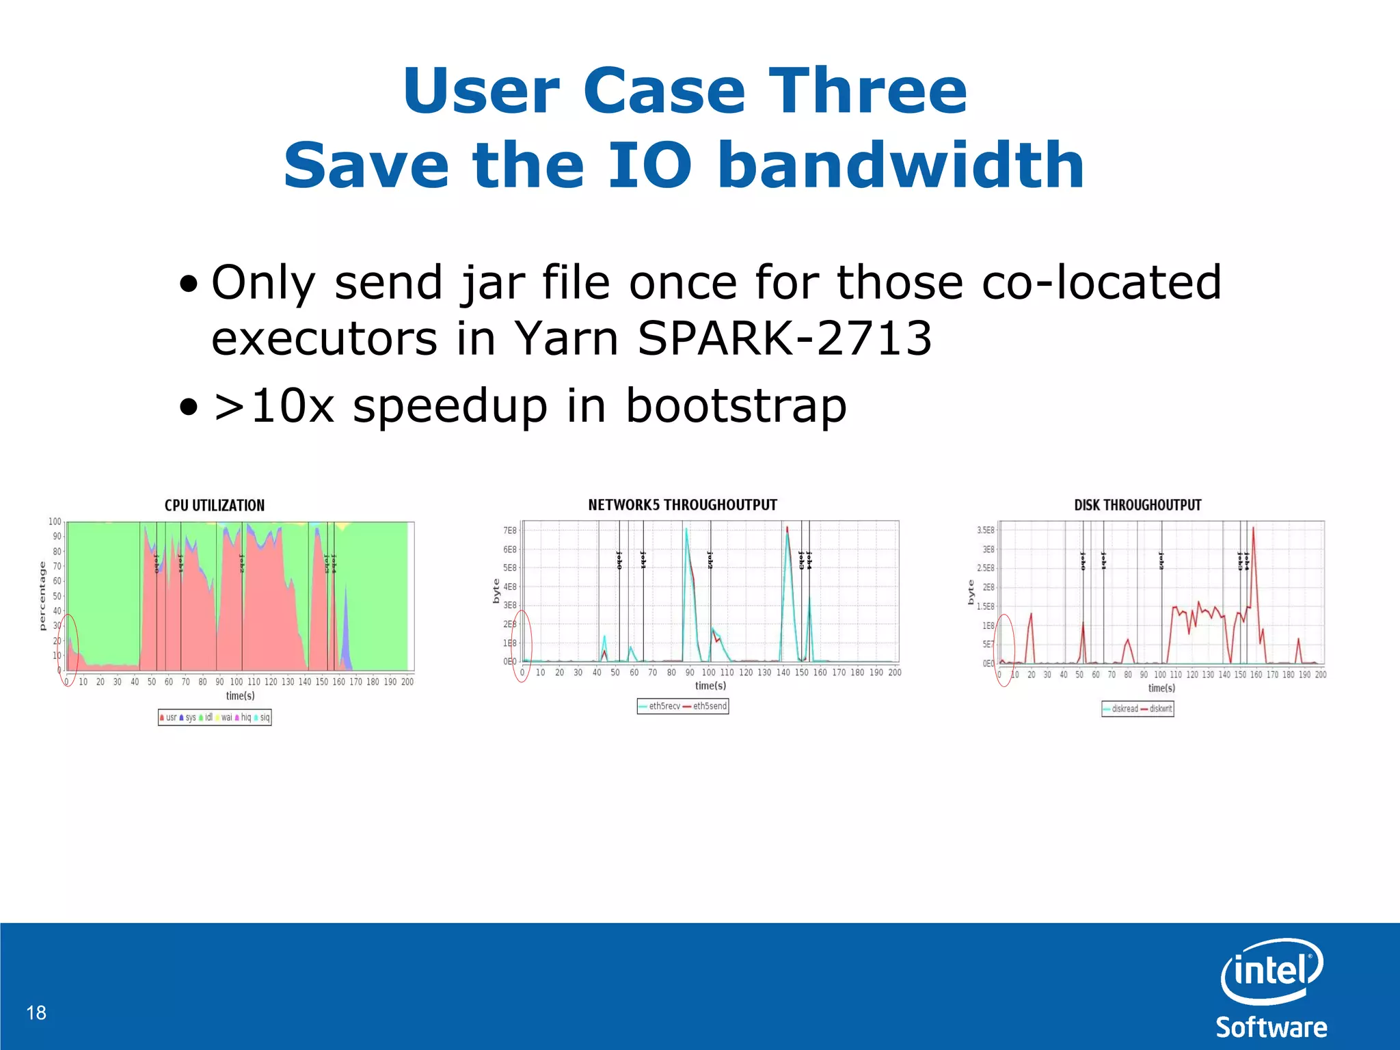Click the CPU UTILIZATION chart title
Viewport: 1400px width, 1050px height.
214,505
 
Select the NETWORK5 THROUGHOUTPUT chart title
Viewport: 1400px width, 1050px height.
682,504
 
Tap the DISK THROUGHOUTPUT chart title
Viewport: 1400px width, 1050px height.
1137,505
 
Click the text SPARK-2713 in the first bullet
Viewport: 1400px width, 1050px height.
784,338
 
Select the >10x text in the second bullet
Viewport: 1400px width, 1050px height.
273,405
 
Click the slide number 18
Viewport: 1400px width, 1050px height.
36,1012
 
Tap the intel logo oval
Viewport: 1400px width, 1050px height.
1271,971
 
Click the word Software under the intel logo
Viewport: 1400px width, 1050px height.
1271,1027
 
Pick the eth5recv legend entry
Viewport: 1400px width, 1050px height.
660,706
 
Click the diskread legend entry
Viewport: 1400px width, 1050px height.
1121,709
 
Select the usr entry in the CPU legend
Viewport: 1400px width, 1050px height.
168,717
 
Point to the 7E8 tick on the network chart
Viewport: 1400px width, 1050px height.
510,530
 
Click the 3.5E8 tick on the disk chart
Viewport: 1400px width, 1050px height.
985,530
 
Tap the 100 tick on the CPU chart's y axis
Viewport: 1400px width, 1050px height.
55,522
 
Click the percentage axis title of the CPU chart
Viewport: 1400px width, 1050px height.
42,595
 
